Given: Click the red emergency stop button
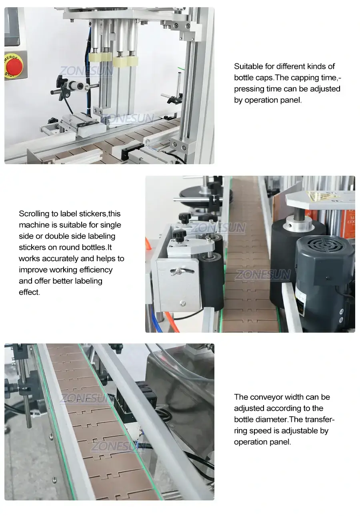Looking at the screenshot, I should click(x=14, y=66).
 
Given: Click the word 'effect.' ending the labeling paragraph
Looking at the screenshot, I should click(x=30, y=292).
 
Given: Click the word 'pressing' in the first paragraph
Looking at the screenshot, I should click(x=248, y=89).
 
